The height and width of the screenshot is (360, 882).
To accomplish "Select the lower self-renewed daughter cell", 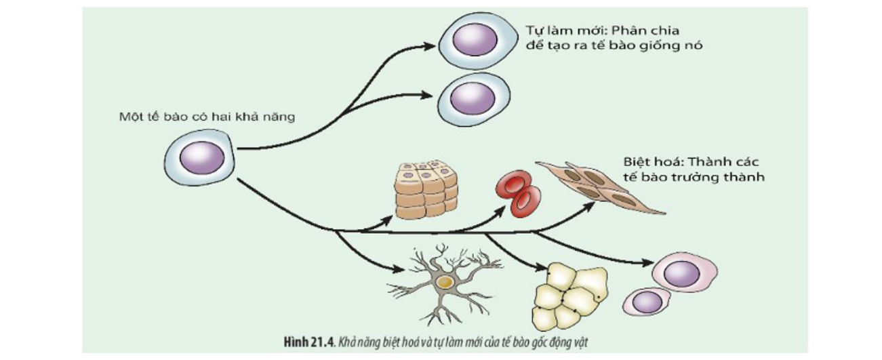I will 472,100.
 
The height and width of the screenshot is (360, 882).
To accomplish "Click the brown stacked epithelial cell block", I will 426,189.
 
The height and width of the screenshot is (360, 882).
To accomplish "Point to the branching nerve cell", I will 443,282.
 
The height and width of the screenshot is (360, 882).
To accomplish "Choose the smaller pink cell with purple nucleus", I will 647,301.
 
